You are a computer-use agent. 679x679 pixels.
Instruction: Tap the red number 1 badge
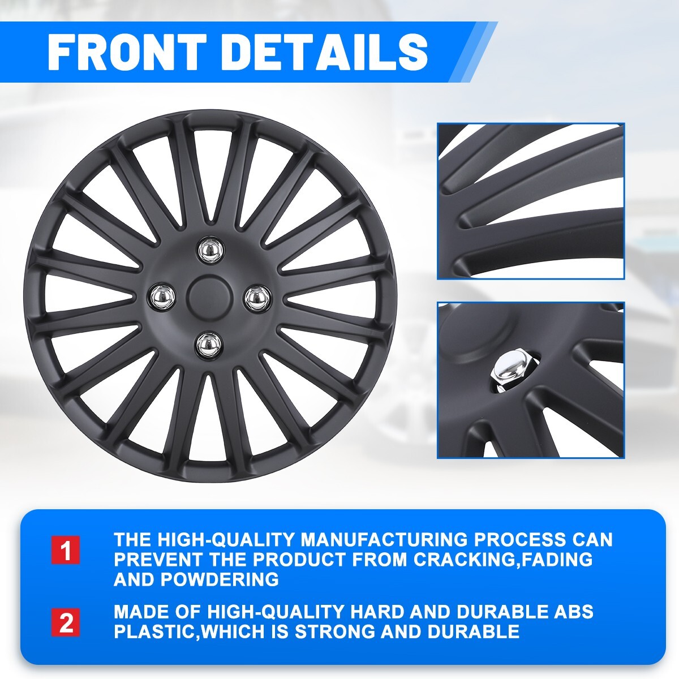(66, 550)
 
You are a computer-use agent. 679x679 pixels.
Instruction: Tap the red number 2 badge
(66, 622)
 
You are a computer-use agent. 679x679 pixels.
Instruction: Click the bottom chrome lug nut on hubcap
(209, 342)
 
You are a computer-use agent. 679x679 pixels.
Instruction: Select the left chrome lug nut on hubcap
(163, 295)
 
